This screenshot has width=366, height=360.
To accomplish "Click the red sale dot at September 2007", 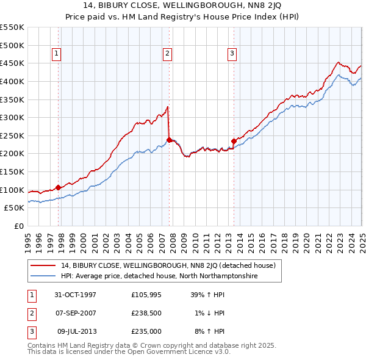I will (x=169, y=140).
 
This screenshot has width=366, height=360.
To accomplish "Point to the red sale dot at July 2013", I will (x=234, y=141).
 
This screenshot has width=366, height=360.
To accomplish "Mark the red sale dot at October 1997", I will (x=59, y=187).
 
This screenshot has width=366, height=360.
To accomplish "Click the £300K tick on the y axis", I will (x=12, y=117).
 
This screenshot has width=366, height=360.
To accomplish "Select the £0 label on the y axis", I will (x=18, y=226).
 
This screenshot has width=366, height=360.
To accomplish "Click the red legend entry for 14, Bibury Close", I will (x=168, y=265).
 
